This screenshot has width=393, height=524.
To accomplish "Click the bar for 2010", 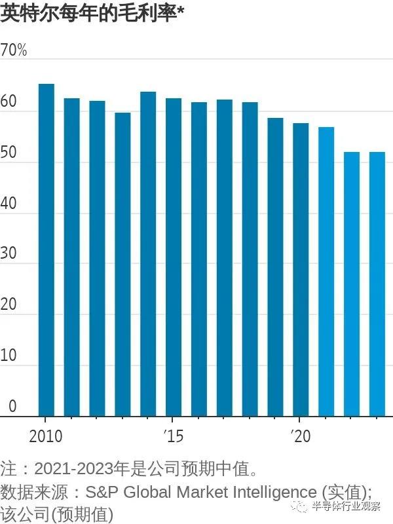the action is pyautogui.click(x=47, y=250).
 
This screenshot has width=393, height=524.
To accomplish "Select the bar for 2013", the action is pyautogui.click(x=122, y=265).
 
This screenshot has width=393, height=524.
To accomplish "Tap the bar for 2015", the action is pyautogui.click(x=174, y=257).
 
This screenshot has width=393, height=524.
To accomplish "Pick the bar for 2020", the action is pyautogui.click(x=301, y=270).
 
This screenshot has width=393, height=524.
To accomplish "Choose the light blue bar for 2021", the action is pyautogui.click(x=326, y=272).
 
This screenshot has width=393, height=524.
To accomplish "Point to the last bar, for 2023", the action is pyautogui.click(x=377, y=284).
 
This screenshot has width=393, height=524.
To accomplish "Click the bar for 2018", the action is pyautogui.click(x=250, y=259).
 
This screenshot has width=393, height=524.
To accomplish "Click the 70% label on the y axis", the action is pyautogui.click(x=13, y=50).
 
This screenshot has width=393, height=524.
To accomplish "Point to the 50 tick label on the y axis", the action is pyautogui.click(x=9, y=152).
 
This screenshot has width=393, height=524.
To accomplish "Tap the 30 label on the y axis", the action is pyautogui.click(x=9, y=253).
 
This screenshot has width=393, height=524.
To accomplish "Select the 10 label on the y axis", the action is pyautogui.click(x=9, y=355).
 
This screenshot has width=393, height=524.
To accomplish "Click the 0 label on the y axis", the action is pyautogui.click(x=12, y=405).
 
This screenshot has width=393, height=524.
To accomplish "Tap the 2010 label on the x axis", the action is pyautogui.click(x=46, y=436).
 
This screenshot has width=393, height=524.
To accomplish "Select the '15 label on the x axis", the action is pyautogui.click(x=174, y=436).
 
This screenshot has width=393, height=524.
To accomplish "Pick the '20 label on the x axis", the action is pyautogui.click(x=301, y=436).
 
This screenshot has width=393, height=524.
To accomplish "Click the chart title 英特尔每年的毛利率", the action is pyautogui.click(x=88, y=14).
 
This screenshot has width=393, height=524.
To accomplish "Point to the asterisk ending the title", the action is pyautogui.click(x=181, y=11).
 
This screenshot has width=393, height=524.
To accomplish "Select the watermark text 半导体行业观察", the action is pyautogui.click(x=346, y=506).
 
